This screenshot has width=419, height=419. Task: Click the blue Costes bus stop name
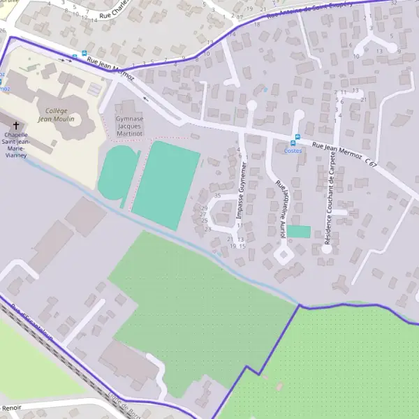[293, 150]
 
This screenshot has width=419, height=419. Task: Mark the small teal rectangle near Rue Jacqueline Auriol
[299, 231]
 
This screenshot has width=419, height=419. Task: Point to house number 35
[217, 196]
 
